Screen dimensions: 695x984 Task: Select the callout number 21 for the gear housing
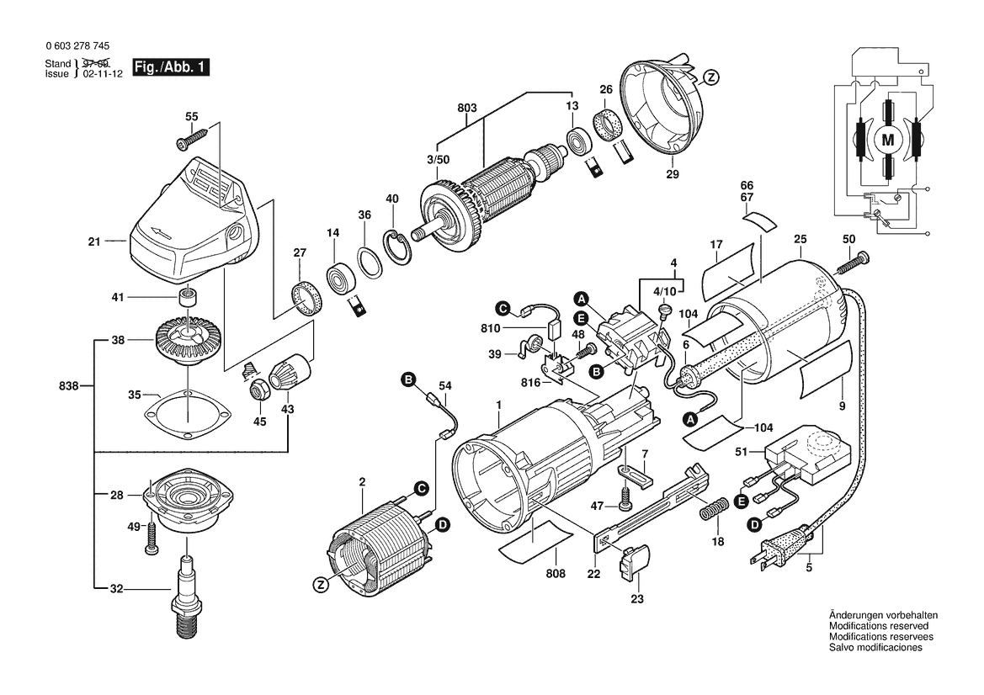coord(93,242)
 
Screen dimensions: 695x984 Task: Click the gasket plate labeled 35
coord(188,415)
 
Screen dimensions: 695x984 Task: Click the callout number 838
coord(69,386)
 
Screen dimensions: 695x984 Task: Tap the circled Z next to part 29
coord(710,78)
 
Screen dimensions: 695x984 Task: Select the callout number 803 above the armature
coord(467,108)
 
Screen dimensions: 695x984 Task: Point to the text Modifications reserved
coord(878,627)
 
